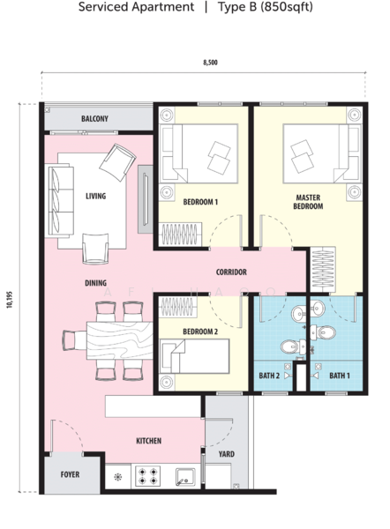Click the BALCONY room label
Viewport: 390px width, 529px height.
(x=94, y=119)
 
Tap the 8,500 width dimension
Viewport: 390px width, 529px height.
(x=210, y=63)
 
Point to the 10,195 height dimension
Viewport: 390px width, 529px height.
(x=9, y=300)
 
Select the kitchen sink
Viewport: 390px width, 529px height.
(x=185, y=477)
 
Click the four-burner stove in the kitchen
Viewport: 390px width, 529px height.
(x=148, y=476)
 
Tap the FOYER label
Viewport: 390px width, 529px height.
(x=70, y=474)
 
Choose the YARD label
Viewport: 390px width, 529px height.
(x=226, y=454)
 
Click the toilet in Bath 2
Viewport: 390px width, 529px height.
(x=289, y=346)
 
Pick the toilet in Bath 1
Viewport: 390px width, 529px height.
(x=323, y=332)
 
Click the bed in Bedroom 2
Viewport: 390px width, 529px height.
(x=194, y=356)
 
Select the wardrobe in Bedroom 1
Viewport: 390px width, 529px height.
(x=180, y=235)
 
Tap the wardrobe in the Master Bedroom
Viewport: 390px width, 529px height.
(x=323, y=269)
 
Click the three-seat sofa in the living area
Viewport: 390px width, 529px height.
(x=61, y=200)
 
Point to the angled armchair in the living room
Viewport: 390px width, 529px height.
(x=117, y=162)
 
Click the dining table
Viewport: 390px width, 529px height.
(x=120, y=340)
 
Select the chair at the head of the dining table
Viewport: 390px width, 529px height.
(x=74, y=340)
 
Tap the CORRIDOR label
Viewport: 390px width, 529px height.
(x=231, y=272)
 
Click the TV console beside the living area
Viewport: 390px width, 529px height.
(x=146, y=199)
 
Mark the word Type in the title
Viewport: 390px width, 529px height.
(x=232, y=7)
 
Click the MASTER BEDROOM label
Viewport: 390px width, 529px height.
(x=308, y=202)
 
